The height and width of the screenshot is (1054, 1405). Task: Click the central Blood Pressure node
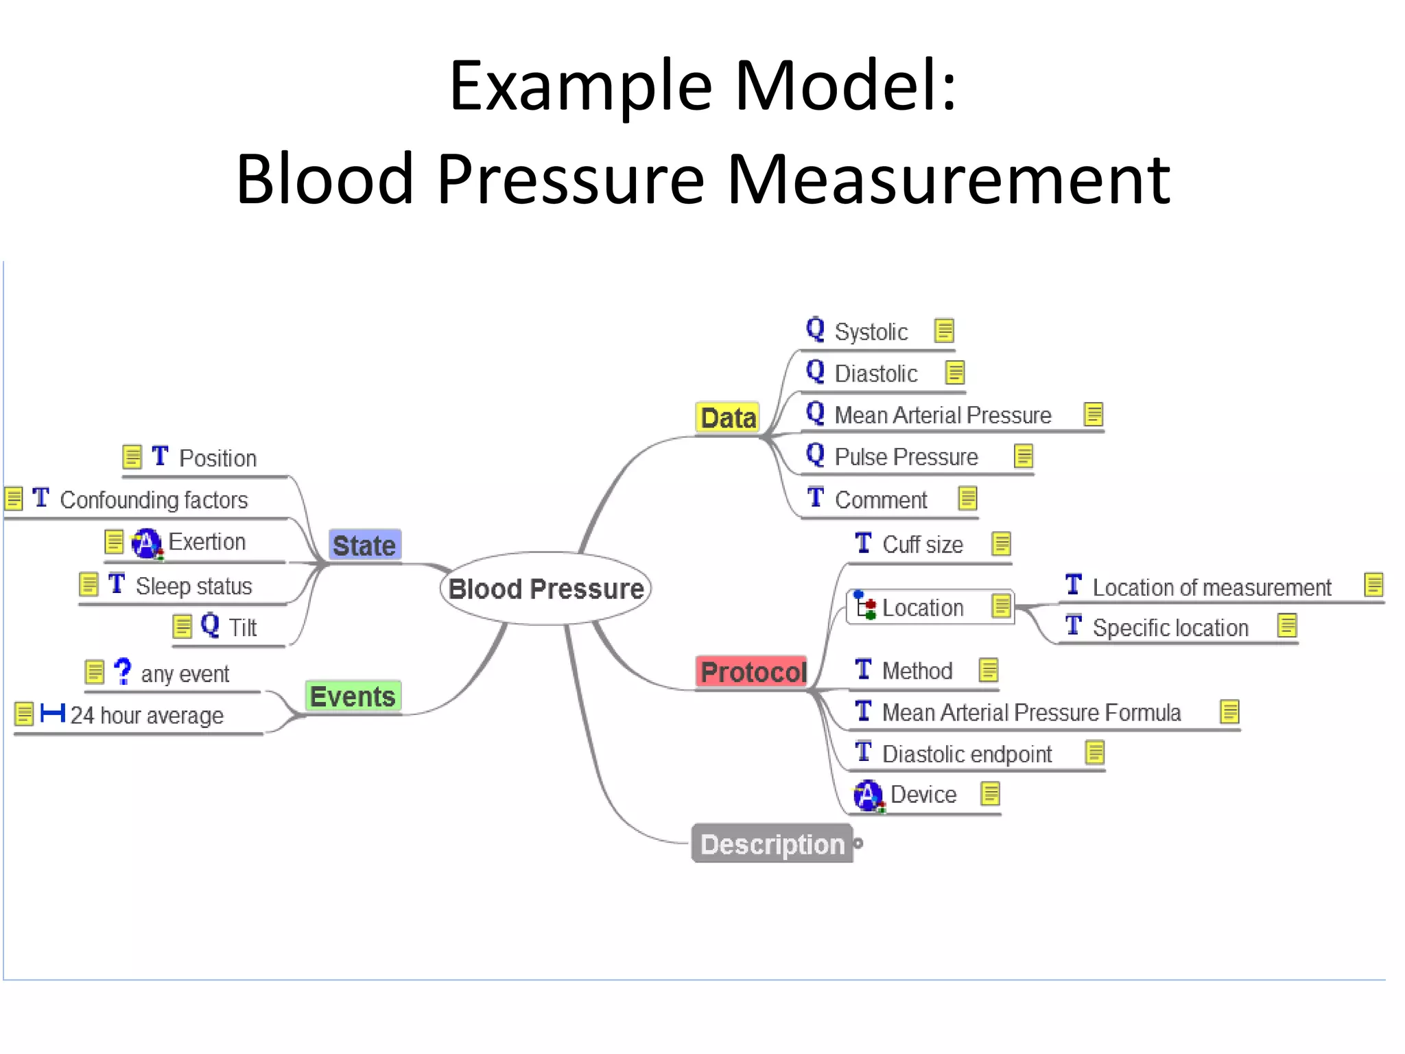pos(545,589)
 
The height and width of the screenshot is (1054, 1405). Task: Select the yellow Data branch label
pos(728,418)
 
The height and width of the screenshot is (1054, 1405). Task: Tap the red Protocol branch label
pos(753,672)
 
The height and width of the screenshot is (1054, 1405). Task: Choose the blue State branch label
pos(364,546)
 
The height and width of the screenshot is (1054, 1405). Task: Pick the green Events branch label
pos(353,696)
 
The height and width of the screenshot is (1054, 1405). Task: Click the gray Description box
pos(772,844)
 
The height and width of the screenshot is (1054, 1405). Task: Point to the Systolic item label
pos(871,332)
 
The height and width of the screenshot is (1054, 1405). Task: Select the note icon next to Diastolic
pos(955,373)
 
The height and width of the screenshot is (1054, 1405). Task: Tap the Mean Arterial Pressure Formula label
pos(1030,713)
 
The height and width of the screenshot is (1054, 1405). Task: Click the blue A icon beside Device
pos(868,795)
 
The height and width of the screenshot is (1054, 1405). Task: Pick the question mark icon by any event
pos(123,671)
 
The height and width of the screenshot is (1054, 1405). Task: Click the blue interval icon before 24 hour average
pos(53,714)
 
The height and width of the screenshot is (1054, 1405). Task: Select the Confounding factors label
pos(154,500)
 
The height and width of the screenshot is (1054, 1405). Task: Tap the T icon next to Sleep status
pos(117,584)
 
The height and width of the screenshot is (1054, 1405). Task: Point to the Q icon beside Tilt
pos(210,624)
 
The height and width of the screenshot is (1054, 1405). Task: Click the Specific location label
pos(1170,628)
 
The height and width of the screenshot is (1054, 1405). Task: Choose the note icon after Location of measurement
pos(1373,585)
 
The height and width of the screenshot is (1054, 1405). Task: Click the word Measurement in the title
pos(948,180)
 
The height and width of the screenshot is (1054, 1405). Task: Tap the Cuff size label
pos(922,545)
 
